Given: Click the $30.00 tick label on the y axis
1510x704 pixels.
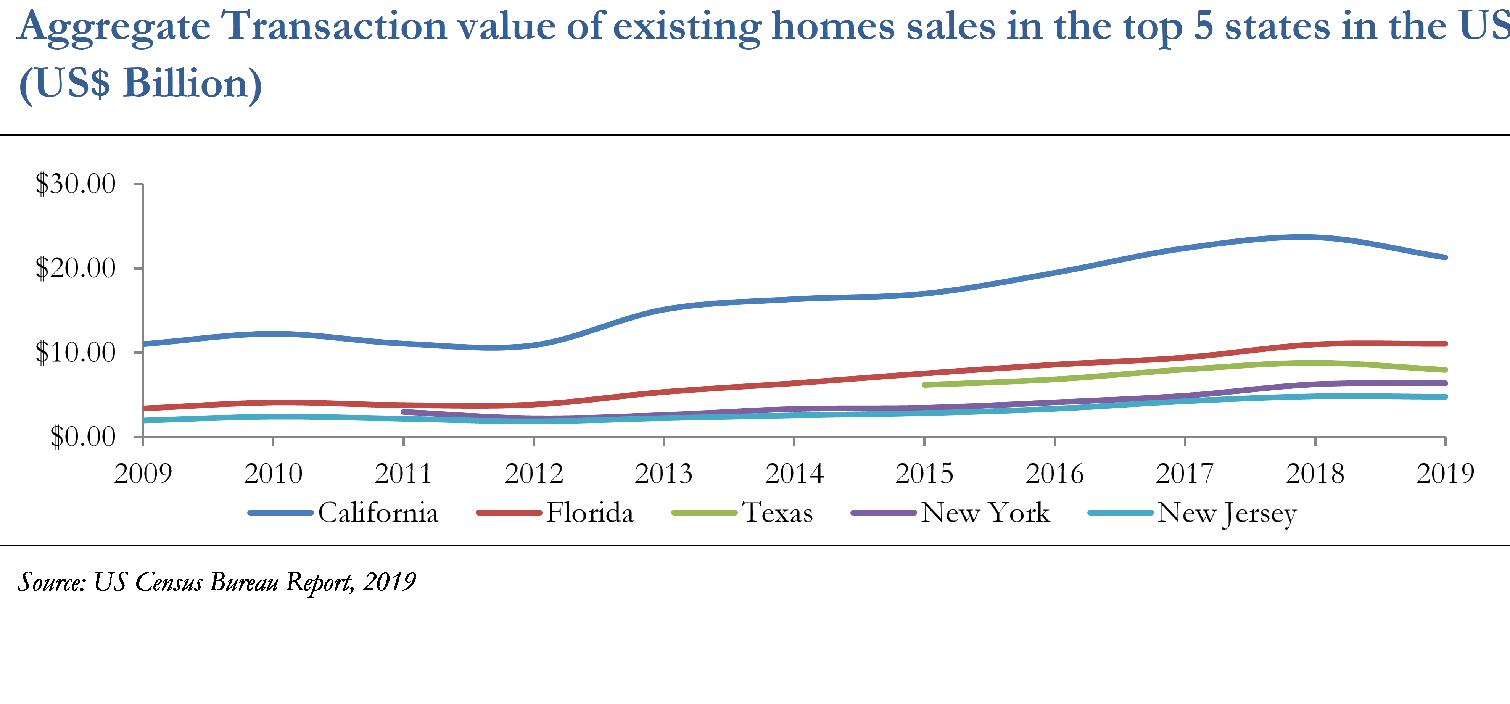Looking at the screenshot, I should click(76, 184).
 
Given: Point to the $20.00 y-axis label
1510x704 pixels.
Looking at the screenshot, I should click(76, 269).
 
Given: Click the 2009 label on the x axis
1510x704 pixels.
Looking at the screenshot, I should click(143, 474).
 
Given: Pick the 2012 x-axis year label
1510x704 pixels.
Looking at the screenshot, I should click(533, 474).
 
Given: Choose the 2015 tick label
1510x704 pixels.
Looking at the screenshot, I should click(924, 474).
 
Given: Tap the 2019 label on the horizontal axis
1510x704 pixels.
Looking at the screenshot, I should click(1445, 474).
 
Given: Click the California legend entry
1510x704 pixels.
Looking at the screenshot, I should click(378, 513).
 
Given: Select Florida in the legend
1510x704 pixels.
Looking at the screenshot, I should click(590, 513).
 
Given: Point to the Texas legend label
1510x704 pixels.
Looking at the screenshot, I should click(778, 513).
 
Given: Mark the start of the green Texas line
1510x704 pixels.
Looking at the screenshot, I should click(924, 385).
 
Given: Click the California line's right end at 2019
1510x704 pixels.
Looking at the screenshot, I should click(1445, 257).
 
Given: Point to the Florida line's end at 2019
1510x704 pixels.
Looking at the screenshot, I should click(1445, 343).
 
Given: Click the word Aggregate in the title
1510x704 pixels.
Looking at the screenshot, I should click(114, 26).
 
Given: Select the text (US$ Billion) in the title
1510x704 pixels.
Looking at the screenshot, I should click(140, 83).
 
